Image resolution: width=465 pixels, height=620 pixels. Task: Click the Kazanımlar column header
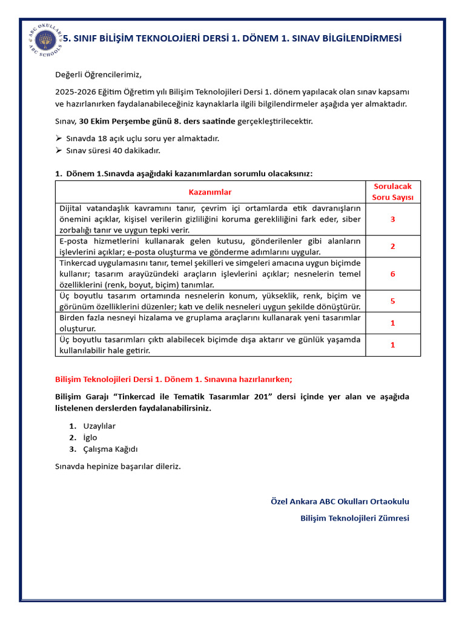pyautogui.click(x=210, y=192)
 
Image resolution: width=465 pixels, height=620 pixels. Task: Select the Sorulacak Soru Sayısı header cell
pyautogui.click(x=392, y=192)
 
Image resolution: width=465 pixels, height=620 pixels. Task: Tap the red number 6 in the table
pyautogui.click(x=392, y=274)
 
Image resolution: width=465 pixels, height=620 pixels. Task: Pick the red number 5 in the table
pyautogui.click(x=392, y=301)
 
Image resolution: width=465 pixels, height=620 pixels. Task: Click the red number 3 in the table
pyautogui.click(x=392, y=219)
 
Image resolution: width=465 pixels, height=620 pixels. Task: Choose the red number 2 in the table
pyautogui.click(x=392, y=246)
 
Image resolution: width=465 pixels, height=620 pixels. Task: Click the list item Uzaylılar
pyautogui.click(x=99, y=426)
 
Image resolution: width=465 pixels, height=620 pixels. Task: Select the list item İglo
pyautogui.click(x=90, y=437)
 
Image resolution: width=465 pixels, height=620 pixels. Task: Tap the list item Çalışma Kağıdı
pyautogui.click(x=111, y=449)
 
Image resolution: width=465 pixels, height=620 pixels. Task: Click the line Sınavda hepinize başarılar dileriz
pyautogui.click(x=118, y=466)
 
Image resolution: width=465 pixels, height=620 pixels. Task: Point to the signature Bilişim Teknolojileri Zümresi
pyautogui.click(x=355, y=518)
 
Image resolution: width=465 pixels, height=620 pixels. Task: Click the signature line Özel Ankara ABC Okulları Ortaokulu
pyautogui.click(x=340, y=501)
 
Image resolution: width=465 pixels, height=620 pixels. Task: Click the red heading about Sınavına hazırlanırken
pyautogui.click(x=174, y=380)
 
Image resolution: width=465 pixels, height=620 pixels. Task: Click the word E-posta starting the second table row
pyautogui.click(x=73, y=241)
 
